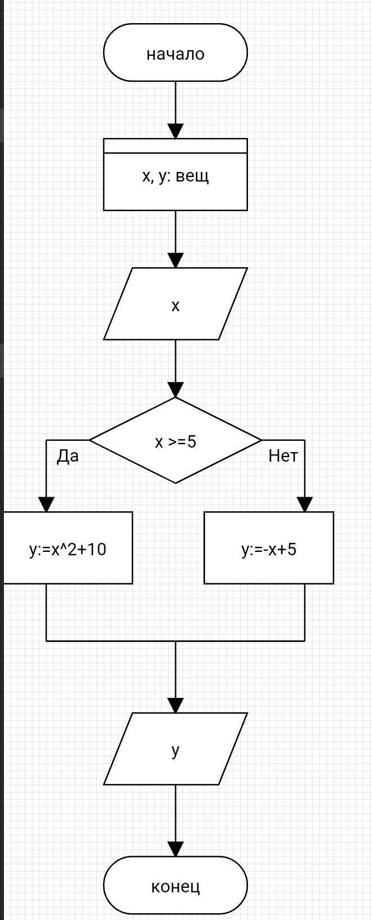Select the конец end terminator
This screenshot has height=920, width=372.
click(x=175, y=886)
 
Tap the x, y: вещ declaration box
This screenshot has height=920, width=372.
click(x=175, y=175)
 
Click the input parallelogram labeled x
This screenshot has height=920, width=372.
click(x=175, y=304)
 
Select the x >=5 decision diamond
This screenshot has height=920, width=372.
click(x=175, y=441)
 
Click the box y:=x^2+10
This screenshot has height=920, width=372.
click(x=68, y=548)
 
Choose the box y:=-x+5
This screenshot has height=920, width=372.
click(x=268, y=548)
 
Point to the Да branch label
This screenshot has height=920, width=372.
click(x=68, y=456)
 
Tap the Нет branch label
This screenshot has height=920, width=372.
click(x=283, y=455)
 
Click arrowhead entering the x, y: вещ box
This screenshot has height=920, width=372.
click(x=175, y=131)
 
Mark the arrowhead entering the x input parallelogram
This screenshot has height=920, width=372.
click(x=175, y=260)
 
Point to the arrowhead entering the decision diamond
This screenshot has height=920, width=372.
click(x=175, y=390)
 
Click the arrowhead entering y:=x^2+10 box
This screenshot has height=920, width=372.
click(x=46, y=505)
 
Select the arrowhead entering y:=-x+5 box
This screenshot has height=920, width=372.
click(x=305, y=505)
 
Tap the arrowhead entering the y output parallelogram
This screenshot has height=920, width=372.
click(x=175, y=705)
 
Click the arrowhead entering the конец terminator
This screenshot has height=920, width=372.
click(x=175, y=849)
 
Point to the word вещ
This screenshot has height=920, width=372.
click(x=192, y=176)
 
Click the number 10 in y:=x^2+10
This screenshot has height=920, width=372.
click(x=96, y=549)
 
